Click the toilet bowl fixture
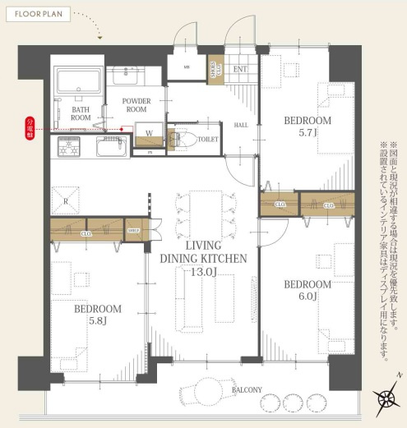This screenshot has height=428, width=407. point(183,140)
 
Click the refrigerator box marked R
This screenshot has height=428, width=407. point(67,199)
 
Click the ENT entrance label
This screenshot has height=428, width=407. point(240,70)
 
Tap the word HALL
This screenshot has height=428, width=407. point(242,125)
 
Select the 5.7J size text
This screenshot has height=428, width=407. point(308,133)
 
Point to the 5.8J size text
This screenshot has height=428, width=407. point(97,322)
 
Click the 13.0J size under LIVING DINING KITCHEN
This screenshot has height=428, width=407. point(204,271)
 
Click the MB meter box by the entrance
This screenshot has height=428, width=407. point(187,67)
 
